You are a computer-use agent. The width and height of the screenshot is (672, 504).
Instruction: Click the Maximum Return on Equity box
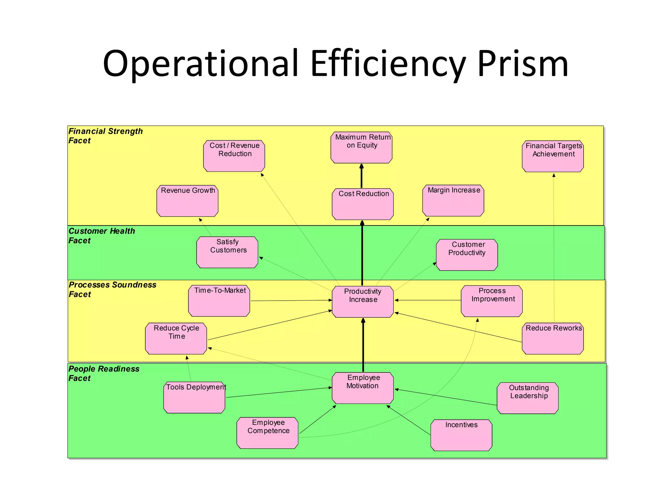pyautogui.click(x=361, y=147)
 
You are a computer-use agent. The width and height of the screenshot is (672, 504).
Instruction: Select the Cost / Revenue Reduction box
pyautogui.click(x=234, y=156)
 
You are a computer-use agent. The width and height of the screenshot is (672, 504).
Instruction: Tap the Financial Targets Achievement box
pyautogui.click(x=553, y=156)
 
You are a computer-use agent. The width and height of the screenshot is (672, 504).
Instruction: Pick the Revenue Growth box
pyautogui.click(x=187, y=201)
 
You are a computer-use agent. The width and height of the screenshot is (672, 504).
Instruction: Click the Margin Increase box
pyautogui.click(x=453, y=200)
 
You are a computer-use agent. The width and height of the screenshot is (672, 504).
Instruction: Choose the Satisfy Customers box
pyautogui.click(x=227, y=252)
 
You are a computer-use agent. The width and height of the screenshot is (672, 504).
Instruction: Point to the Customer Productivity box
pyautogui.click(x=467, y=255)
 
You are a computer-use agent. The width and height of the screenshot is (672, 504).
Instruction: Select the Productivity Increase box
pyautogui.click(x=363, y=302)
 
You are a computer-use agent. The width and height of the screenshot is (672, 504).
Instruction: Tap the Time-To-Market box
pyautogui.click(x=219, y=301)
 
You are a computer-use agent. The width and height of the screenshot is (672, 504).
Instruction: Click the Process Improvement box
pyautogui.click(x=492, y=301)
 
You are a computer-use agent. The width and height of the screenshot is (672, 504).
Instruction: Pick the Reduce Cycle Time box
pyautogui.click(x=176, y=339)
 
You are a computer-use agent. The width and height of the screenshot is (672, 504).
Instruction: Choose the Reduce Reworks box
pyautogui.click(x=553, y=339)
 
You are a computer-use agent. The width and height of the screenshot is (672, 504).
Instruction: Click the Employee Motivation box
pyautogui.click(x=363, y=388)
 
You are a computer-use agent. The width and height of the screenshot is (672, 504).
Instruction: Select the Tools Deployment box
pyautogui.click(x=194, y=397)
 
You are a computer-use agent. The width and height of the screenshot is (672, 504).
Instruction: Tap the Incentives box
pyautogui.click(x=461, y=435)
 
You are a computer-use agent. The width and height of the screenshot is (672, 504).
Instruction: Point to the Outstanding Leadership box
pyautogui.click(x=527, y=398)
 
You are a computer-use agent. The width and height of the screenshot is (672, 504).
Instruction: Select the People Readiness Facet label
pyautogui.click(x=104, y=373)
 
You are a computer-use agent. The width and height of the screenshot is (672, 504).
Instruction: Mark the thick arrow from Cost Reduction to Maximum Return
pyautogui.click(x=362, y=176)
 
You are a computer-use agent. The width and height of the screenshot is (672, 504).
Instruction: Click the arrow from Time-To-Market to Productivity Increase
pyautogui.click(x=291, y=301)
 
